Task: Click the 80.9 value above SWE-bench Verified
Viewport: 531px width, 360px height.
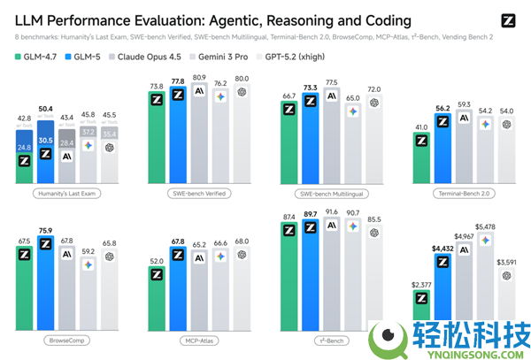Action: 200,77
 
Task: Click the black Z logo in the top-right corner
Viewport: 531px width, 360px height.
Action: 508,19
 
